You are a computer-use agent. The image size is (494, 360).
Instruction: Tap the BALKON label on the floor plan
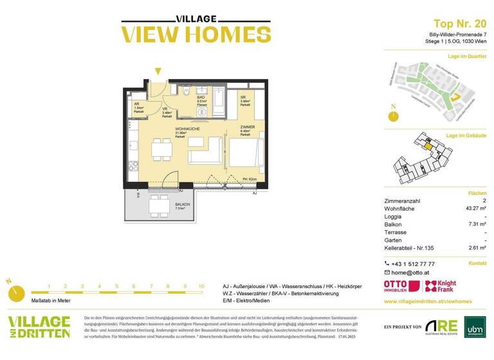point(180,204)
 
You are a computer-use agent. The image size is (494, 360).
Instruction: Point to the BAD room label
point(201,97)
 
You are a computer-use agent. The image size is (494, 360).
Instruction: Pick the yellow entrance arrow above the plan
point(158,72)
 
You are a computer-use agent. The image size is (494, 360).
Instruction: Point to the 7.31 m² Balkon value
point(475,224)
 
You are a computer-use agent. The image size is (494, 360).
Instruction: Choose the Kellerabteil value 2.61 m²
point(475,248)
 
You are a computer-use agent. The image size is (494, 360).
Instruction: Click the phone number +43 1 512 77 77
point(414,264)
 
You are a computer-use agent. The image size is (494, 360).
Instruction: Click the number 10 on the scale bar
point(201,286)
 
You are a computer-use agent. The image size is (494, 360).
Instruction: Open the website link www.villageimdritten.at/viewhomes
point(428,301)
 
